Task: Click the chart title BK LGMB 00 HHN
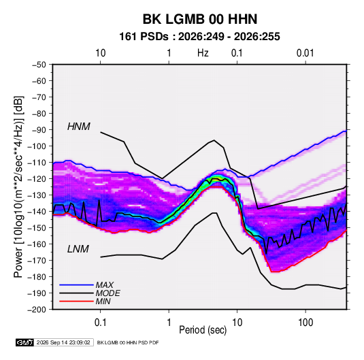[x=200, y=19]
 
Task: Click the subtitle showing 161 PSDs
[x=199, y=37]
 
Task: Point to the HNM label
[x=79, y=127]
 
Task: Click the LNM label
[x=78, y=249]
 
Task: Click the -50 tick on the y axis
[x=39, y=65]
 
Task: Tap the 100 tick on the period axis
[x=305, y=322]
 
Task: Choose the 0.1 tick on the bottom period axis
[x=100, y=322]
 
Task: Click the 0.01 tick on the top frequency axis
[x=305, y=53]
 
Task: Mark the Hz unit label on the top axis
[x=203, y=53]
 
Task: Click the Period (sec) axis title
[x=203, y=330]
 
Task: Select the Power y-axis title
[x=18, y=186]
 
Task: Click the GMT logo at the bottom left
[x=24, y=342]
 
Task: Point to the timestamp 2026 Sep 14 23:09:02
[x=63, y=342]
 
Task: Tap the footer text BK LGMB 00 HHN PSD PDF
[x=128, y=342]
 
